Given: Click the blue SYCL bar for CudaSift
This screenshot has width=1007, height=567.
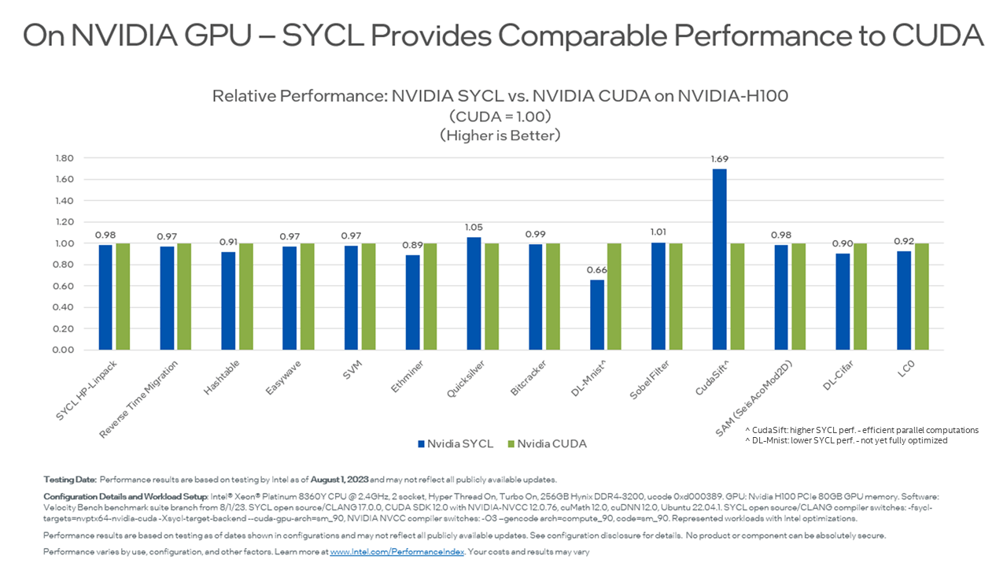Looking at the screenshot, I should coord(719,260).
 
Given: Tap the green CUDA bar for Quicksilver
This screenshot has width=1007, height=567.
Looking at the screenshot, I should coord(491,296).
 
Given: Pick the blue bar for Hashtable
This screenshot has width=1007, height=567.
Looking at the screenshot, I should coord(228,301).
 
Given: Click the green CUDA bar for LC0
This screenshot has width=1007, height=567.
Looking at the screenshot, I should coord(921,296).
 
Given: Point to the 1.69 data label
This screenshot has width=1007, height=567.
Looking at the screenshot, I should coord(719,159).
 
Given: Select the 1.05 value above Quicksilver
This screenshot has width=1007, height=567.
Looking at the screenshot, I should coord(474,228).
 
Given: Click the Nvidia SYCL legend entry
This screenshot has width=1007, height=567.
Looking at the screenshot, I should coord(455,443).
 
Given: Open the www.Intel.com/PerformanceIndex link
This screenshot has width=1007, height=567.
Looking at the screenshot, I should coord(397,552).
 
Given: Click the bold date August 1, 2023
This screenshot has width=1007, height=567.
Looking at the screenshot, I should coord(338,479).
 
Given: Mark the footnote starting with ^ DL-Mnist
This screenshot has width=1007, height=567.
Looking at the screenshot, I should coord(846,441).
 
